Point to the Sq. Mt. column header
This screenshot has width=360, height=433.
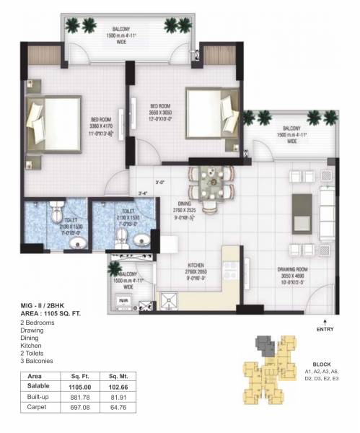115,377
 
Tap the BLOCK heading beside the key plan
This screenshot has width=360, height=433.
322,364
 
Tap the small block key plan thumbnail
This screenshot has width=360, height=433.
268,363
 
